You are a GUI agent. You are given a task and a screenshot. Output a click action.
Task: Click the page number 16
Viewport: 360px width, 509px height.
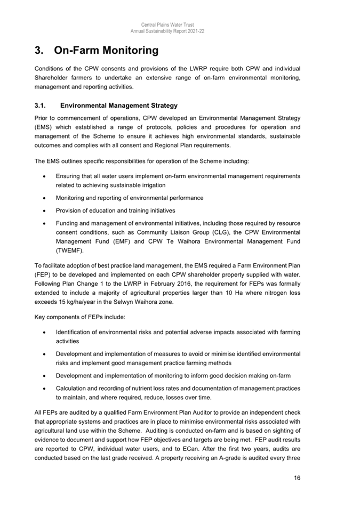click(297, 478)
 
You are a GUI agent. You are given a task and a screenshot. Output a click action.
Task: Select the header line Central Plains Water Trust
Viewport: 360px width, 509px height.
click(167, 25)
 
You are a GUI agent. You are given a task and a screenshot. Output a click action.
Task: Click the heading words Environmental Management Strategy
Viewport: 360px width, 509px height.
click(119, 106)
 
